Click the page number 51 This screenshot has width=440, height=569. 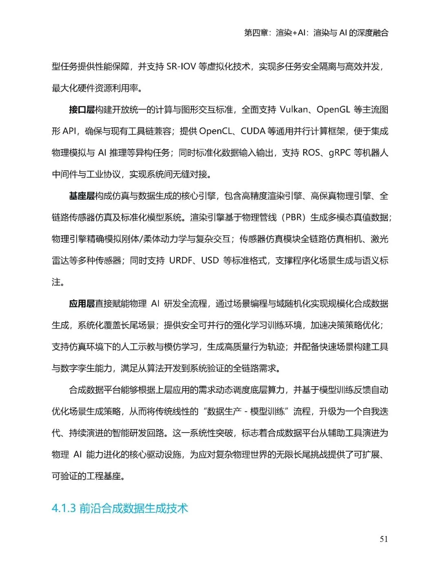click(x=384, y=539)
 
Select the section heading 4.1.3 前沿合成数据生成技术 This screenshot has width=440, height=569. click(x=120, y=508)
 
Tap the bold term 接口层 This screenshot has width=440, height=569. click(x=81, y=110)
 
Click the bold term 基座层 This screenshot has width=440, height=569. click(x=81, y=196)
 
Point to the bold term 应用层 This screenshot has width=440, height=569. click(x=81, y=303)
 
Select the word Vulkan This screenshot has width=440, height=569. click(x=294, y=110)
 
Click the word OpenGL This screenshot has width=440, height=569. click(x=333, y=110)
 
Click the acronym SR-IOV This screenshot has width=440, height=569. click(x=181, y=66)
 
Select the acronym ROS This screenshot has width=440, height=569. click(x=311, y=153)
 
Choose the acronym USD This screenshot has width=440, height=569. click(x=210, y=260)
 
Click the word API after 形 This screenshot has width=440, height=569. click(x=69, y=131)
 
